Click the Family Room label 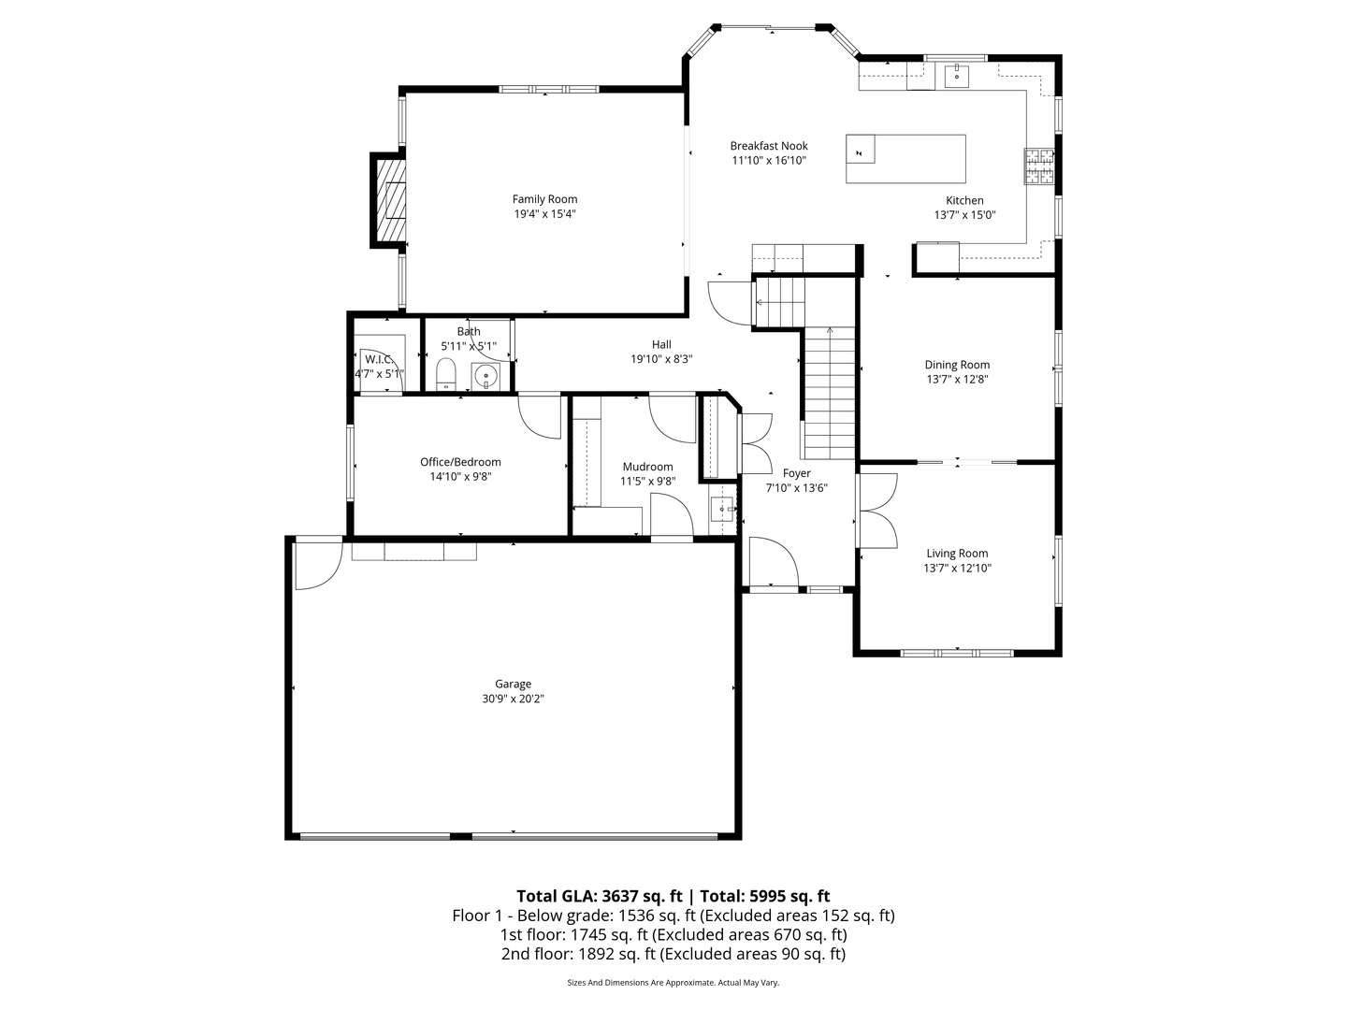(x=544, y=199)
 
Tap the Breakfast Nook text (x=769, y=146)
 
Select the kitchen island (x=905, y=159)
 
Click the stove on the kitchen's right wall (x=1038, y=167)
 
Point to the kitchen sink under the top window (x=957, y=75)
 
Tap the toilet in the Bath (x=446, y=373)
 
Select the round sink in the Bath (x=486, y=376)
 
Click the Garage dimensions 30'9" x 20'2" (x=514, y=699)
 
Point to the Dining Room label (x=957, y=365)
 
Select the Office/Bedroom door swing (x=539, y=414)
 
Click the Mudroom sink (x=722, y=510)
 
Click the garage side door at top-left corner (x=316, y=564)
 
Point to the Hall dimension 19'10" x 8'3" (x=661, y=359)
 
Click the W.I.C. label (x=378, y=359)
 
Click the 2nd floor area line (x=673, y=954)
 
